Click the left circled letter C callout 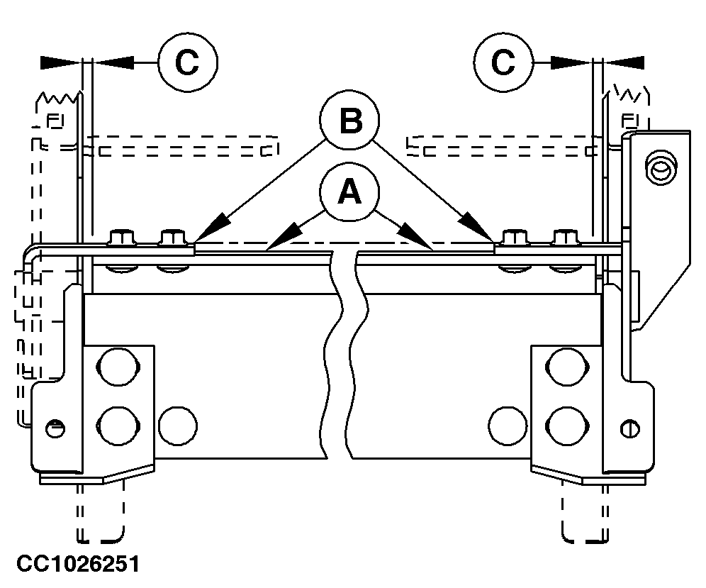187,63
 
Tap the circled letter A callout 348,192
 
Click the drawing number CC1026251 78,565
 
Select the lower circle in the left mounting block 116,426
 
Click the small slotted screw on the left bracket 55,428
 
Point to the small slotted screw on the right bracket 627,428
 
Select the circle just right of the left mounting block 177,426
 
